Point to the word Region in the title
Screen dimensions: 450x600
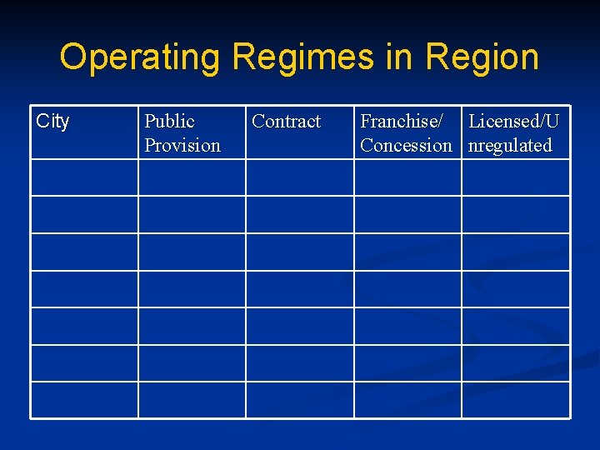[x=482, y=57]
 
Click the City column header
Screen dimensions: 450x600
[x=52, y=122]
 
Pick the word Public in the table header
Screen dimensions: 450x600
[x=169, y=122]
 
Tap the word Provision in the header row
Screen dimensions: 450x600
[x=182, y=146]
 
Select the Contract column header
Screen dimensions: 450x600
[x=286, y=122]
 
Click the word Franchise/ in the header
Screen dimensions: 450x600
[x=401, y=122]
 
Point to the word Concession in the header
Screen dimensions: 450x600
[x=406, y=146]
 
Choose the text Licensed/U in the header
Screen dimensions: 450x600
[x=513, y=122]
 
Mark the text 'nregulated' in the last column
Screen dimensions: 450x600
[x=510, y=146]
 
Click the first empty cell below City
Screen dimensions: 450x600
[x=84, y=177]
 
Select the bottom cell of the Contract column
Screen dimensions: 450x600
[x=299, y=400]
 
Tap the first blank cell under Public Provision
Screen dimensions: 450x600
[x=192, y=177]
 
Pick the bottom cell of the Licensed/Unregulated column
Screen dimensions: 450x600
[x=516, y=400]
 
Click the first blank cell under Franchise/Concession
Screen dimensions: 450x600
[x=407, y=177]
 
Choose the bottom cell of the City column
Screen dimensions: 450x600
[x=84, y=400]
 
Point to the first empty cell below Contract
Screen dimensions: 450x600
[x=299, y=177]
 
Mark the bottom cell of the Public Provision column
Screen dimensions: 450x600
[x=192, y=400]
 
